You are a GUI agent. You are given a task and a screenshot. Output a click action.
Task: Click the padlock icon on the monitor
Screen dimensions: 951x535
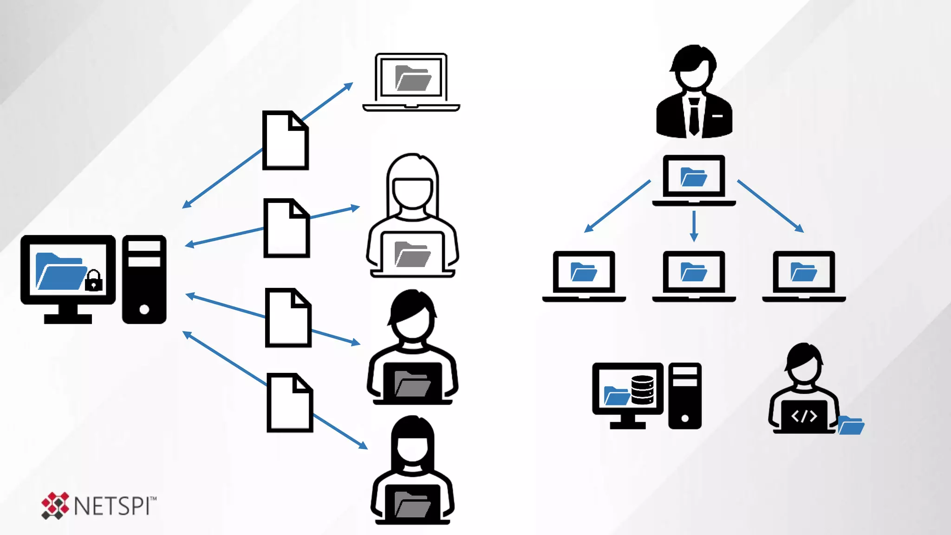point(94,281)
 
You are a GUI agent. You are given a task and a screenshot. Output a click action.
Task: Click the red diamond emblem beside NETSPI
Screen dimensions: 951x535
point(55,505)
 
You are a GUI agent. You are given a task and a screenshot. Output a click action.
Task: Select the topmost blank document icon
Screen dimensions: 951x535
point(285,140)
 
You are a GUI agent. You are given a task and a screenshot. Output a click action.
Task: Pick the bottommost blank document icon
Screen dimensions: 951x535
point(289,403)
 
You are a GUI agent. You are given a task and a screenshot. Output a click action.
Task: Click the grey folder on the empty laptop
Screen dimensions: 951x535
point(412,78)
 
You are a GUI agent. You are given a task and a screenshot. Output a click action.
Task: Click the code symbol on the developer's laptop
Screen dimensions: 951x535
point(804,416)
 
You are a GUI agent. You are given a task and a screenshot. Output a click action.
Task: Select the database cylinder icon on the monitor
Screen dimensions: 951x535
point(642,390)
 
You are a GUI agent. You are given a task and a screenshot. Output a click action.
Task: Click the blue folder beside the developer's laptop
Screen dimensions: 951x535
point(851,425)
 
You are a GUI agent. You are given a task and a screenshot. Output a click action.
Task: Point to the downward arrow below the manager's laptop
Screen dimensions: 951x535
point(694,227)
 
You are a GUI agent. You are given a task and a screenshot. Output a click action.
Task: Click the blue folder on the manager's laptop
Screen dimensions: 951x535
point(693,177)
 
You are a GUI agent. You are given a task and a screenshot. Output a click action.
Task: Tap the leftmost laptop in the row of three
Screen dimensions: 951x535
point(584,276)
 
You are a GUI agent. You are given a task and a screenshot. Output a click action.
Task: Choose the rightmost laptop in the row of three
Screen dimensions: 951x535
point(804,276)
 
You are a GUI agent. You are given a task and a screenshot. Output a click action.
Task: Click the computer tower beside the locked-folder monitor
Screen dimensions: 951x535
point(144,279)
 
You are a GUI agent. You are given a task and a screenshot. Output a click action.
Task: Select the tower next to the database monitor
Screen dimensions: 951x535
point(684,396)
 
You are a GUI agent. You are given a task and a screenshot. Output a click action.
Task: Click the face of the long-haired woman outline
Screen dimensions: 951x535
point(412,191)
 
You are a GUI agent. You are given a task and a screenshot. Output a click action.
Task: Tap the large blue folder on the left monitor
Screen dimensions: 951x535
point(60,271)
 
